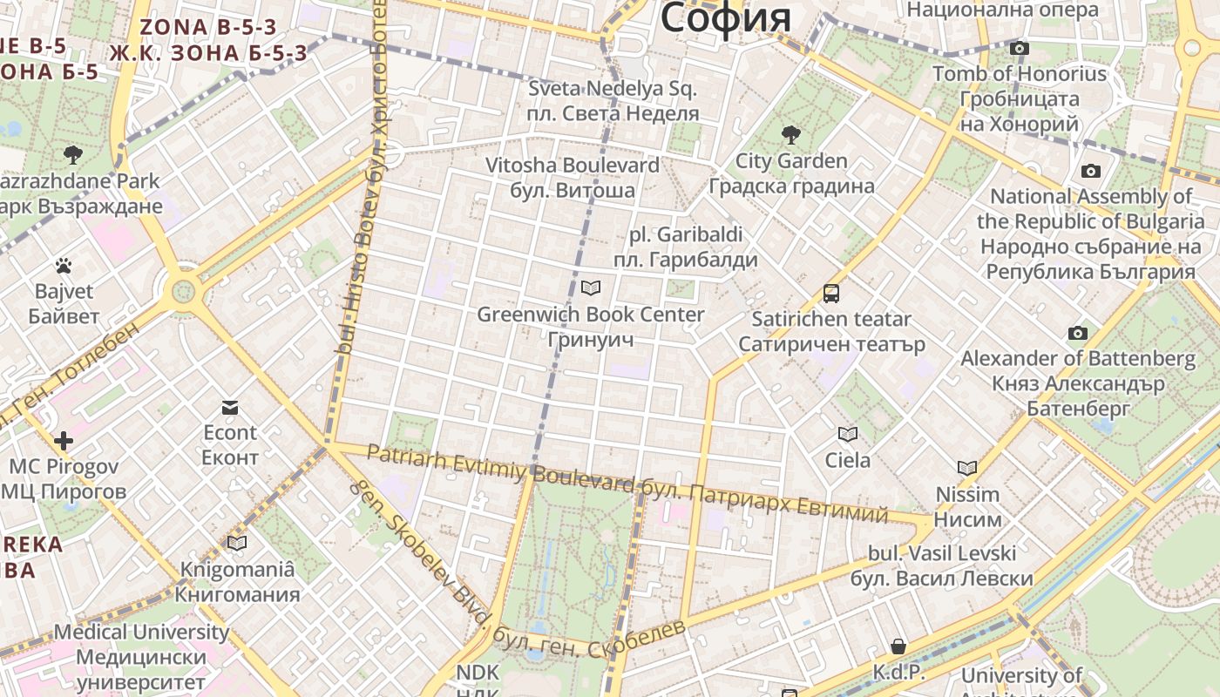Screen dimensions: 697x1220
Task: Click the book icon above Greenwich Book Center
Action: point(591,288)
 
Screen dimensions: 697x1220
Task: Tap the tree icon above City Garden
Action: point(791,135)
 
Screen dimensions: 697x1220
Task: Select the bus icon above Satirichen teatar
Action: point(831,294)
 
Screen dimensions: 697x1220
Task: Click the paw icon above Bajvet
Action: point(63,266)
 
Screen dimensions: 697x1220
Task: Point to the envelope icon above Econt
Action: point(230,407)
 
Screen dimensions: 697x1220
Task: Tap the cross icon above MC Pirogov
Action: point(63,441)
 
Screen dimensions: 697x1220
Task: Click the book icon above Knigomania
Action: point(237,544)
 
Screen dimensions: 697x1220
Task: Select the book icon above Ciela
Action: point(847,434)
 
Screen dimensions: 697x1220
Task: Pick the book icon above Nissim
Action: point(967,468)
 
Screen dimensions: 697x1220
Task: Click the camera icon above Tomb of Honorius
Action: point(1019,49)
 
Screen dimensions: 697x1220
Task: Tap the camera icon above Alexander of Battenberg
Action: point(1078,333)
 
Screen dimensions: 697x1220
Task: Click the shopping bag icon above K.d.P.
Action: point(898,646)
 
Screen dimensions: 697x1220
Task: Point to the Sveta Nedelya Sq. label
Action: point(613,89)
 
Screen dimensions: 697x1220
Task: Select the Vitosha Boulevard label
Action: point(572,166)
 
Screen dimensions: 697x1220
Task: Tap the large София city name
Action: point(725,17)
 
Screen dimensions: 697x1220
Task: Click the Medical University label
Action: point(141,632)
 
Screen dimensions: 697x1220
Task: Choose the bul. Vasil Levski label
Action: point(942,553)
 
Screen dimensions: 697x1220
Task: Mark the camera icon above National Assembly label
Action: point(1090,171)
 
